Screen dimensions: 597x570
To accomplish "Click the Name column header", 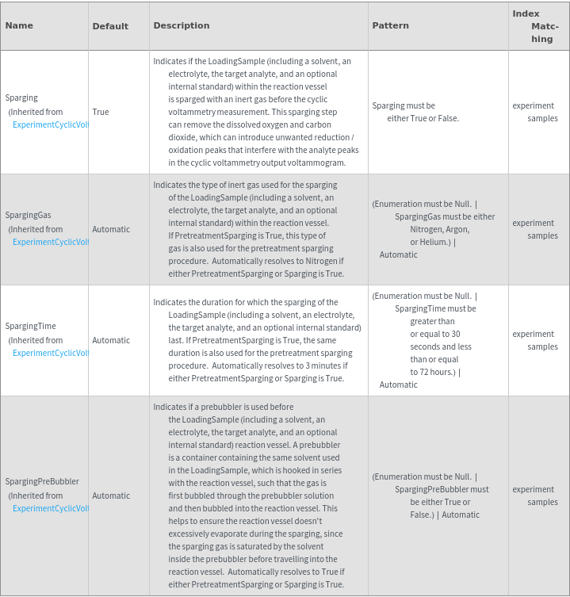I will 19,25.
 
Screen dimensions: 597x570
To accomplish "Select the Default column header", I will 110,26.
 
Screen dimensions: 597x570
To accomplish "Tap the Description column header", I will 182,25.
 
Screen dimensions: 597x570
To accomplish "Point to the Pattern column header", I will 390,25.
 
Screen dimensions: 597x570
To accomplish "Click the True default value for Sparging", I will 101,112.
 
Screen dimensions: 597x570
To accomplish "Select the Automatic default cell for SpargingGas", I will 111,229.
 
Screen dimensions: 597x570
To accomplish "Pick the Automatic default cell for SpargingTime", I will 111,340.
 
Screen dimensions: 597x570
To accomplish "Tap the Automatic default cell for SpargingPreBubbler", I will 111,496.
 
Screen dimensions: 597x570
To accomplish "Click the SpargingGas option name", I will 28,215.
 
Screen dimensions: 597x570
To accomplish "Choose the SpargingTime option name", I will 30,326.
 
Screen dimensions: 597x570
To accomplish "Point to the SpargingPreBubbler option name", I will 42,481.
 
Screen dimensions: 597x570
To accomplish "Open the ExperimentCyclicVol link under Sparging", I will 50,124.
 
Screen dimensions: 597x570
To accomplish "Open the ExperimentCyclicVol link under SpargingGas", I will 50,242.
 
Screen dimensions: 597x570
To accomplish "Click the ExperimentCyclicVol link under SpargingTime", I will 50,353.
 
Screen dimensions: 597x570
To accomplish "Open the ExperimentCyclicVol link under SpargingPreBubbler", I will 50,508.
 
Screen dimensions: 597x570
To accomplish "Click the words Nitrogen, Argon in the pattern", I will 439,229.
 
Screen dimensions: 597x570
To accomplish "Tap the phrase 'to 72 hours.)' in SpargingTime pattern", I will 435,372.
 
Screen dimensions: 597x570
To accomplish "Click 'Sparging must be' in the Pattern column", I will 404,105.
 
